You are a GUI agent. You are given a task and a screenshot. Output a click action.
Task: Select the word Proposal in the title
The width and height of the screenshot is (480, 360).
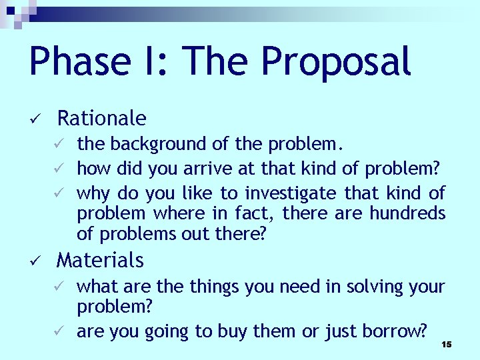[335, 61]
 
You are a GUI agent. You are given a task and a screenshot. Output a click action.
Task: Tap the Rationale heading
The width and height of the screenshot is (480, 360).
[102, 119]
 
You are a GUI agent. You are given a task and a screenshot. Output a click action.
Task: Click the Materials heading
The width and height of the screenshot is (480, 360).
[100, 259]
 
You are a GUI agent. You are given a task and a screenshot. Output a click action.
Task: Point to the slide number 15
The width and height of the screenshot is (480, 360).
[446, 344]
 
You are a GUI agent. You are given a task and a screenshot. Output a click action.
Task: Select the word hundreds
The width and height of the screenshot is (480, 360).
[407, 213]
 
